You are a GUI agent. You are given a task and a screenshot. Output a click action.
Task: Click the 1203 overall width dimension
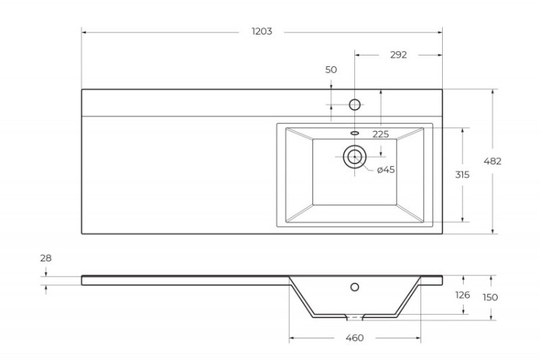pyautogui.click(x=261, y=32)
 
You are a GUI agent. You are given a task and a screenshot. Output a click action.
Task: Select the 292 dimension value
pyautogui.click(x=398, y=55)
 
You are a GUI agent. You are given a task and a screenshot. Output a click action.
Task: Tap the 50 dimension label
pyautogui.click(x=331, y=70)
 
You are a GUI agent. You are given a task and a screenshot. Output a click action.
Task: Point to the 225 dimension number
pyautogui.click(x=381, y=135)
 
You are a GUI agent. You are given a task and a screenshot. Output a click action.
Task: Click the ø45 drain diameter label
pyautogui.click(x=386, y=170)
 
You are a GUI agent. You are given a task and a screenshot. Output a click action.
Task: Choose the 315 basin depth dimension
pyautogui.click(x=462, y=175)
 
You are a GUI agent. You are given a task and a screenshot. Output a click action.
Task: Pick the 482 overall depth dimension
pyautogui.click(x=493, y=161)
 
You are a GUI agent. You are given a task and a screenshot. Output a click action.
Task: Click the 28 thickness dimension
pyautogui.click(x=46, y=258)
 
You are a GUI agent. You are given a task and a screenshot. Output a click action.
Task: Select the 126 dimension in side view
pyautogui.click(x=462, y=295)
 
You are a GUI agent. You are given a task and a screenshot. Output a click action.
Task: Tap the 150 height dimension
pyautogui.click(x=491, y=297)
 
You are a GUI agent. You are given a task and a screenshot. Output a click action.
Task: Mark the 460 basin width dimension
pyautogui.click(x=354, y=338)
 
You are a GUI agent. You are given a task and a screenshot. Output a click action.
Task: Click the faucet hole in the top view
pyautogui.click(x=354, y=104)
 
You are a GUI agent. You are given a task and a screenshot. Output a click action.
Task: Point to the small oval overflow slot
pyautogui.click(x=354, y=133)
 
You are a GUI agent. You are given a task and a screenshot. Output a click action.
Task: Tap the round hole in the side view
pyautogui.click(x=354, y=287)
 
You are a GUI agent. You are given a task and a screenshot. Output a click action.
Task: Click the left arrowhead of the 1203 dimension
pyautogui.click(x=84, y=32)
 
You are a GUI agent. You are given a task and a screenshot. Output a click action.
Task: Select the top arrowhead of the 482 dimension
pyautogui.click(x=493, y=92)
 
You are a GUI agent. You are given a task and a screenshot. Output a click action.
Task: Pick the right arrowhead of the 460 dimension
pyautogui.click(x=418, y=338)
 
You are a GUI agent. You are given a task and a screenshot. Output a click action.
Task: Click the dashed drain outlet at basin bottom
pyautogui.click(x=354, y=317)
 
